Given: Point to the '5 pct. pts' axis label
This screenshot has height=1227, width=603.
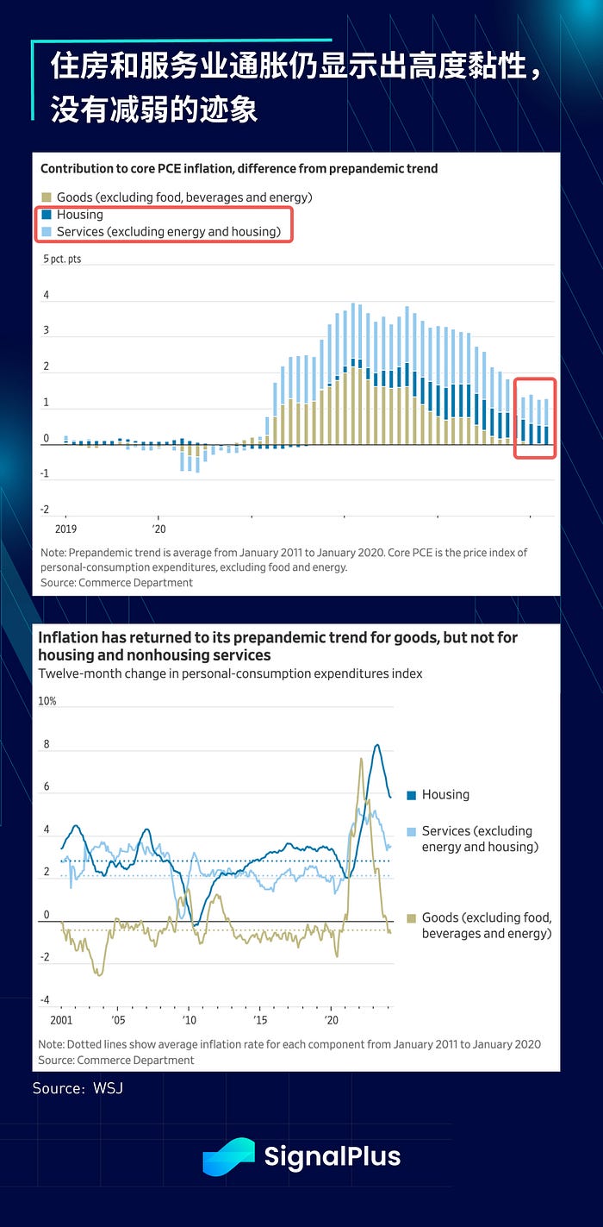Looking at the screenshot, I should [62, 259].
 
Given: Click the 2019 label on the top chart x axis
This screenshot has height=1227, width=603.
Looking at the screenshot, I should [65, 528].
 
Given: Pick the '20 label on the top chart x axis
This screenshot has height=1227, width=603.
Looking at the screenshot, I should [159, 528].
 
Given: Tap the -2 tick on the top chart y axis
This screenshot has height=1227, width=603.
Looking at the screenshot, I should [45, 510].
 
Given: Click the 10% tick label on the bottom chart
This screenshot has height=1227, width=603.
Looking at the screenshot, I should [47, 701].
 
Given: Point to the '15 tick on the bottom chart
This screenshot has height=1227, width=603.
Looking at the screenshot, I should [259, 1018].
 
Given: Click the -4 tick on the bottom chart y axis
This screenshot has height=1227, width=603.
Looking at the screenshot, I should [44, 1000].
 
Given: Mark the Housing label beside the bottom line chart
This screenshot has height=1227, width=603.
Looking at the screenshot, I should [445, 794].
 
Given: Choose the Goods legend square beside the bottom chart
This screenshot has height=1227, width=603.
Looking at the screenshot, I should [411, 917].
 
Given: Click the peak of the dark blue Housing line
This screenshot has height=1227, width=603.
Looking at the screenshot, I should [376, 745].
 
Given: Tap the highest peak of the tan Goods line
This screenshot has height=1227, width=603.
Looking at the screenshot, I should [360, 758].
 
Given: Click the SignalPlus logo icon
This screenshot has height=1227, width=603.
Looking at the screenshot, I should [228, 1156].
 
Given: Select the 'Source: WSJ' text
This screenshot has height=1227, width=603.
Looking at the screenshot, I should [78, 1088].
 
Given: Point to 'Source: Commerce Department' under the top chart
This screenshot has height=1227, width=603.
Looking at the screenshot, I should [116, 582].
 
